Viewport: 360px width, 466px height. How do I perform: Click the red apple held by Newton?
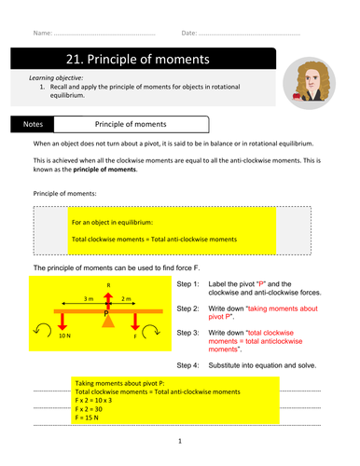pyautogui.click(x=297, y=96)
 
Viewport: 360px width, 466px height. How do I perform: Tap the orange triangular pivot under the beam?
pyautogui.click(x=108, y=321)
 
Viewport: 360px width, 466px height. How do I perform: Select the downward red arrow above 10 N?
pyautogui.click(x=62, y=322)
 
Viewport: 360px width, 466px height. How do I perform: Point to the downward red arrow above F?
pyautogui.click(x=135, y=322)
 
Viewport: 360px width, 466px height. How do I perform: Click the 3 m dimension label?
pyautogui.click(x=89, y=298)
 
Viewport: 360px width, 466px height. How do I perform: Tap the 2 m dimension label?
pyautogui.click(x=126, y=298)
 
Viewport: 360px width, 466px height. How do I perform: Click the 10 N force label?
pyautogui.click(x=64, y=336)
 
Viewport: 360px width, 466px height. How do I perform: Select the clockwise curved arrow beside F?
pyautogui.click(x=151, y=332)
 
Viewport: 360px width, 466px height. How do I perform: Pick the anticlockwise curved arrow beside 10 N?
pyautogui.click(x=43, y=330)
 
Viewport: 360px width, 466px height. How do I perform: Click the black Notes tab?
pyautogui.click(x=33, y=124)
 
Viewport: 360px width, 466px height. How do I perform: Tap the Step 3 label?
pyautogui.click(x=187, y=333)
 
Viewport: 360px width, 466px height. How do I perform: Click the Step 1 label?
pyautogui.click(x=187, y=284)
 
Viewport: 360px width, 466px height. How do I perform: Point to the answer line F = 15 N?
pyautogui.click(x=87, y=418)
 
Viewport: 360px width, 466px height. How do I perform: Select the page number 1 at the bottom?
pyautogui.click(x=180, y=441)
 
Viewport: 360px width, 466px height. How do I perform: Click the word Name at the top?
pyautogui.click(x=43, y=33)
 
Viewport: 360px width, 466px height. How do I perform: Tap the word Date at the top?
pyautogui.click(x=189, y=33)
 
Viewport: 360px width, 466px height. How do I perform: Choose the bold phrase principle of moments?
pyautogui.click(x=104, y=170)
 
